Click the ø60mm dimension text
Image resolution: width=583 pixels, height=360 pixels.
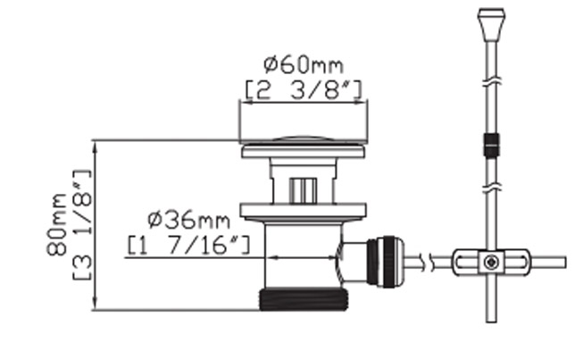(x=304, y=64)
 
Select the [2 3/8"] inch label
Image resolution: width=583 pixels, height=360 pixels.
(x=304, y=90)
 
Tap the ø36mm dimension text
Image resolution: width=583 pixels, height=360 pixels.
(x=189, y=220)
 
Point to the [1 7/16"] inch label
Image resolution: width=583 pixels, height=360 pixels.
(x=189, y=245)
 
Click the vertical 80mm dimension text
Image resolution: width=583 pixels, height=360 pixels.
(x=56, y=224)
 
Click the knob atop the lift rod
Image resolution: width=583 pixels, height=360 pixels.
(x=491, y=24)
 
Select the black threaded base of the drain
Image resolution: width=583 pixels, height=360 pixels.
(x=304, y=300)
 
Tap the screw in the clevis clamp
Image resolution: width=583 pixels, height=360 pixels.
(x=491, y=263)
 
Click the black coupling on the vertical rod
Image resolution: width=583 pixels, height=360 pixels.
(x=491, y=145)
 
